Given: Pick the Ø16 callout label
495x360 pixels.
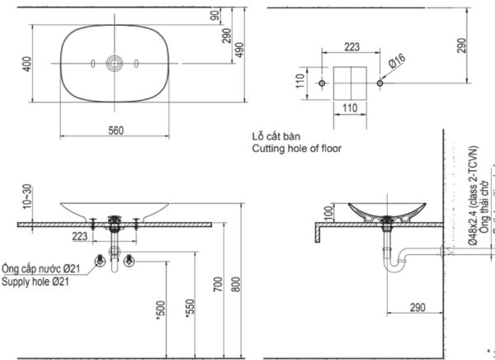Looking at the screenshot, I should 397,60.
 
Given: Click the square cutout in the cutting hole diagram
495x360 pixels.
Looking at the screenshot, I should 351,84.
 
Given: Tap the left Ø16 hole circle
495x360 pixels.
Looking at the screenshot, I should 323,84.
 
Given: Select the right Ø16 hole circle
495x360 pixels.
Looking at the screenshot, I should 379,84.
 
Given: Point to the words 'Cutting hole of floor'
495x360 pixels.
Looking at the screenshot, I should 296,149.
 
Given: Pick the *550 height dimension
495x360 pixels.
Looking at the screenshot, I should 191,307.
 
